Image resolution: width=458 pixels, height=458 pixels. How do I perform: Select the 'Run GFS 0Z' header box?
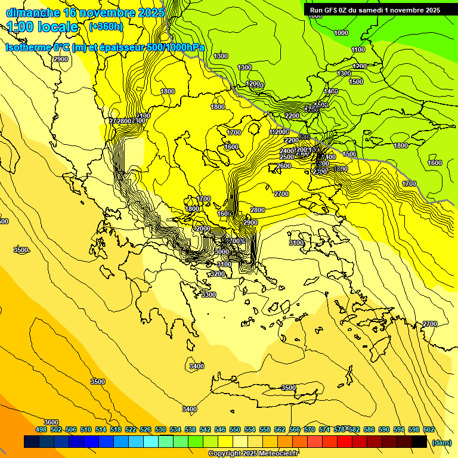375,10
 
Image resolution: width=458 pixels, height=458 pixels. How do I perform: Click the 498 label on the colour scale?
41,429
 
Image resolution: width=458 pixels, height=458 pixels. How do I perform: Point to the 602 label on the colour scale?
428,429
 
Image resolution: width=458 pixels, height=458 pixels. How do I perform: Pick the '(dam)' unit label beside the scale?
442,442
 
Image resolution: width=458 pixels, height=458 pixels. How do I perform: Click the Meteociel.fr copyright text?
253,453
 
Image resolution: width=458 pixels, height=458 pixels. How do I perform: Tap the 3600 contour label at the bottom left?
51,422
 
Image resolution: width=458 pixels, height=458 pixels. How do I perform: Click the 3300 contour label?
208,295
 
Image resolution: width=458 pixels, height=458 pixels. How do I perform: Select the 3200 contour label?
218,274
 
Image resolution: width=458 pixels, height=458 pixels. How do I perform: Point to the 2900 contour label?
250,222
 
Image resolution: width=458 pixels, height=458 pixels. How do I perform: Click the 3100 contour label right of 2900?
296,243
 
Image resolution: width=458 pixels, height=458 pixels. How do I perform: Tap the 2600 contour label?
284,166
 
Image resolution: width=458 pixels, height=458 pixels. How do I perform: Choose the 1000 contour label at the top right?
341,33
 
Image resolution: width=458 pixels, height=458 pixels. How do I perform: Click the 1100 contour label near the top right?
358,49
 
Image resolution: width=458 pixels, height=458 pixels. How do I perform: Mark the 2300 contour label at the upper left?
60,59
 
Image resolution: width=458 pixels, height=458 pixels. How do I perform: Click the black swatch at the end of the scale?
419,442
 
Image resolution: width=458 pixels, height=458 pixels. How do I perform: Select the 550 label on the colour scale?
234,429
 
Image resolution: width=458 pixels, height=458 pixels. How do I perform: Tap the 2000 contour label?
203,228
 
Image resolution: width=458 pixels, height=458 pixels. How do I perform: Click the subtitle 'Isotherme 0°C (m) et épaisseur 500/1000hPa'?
106,47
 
